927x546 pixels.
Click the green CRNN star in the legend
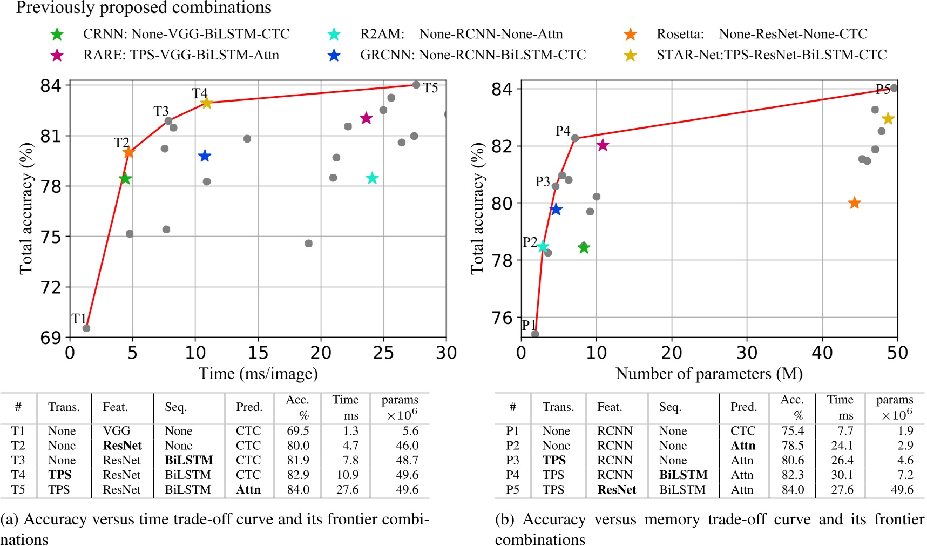pyautogui.click(x=57, y=35)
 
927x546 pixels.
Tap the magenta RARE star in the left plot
pyautogui.click(x=367, y=118)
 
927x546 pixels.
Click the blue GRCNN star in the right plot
pyautogui.click(x=556, y=210)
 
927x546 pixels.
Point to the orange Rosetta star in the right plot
pyautogui.click(x=854, y=203)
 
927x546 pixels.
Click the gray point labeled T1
pyautogui.click(x=86, y=328)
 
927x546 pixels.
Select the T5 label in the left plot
pyautogui.click(x=430, y=88)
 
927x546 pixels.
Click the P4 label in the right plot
pyautogui.click(x=563, y=131)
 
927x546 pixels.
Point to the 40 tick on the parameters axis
pyautogui.click(x=822, y=353)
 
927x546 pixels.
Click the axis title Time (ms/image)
pyautogui.click(x=258, y=374)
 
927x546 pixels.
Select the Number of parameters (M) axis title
pyautogui.click(x=709, y=374)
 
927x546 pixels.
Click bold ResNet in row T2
pyautogui.click(x=123, y=446)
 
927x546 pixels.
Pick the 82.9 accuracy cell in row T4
pyautogui.click(x=298, y=475)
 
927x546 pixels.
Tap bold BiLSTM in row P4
pyautogui.click(x=683, y=475)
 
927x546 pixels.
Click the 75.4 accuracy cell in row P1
pyautogui.click(x=792, y=431)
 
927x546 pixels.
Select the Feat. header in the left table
pyautogui.click(x=115, y=407)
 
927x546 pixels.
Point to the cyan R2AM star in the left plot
pyautogui.click(x=372, y=178)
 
